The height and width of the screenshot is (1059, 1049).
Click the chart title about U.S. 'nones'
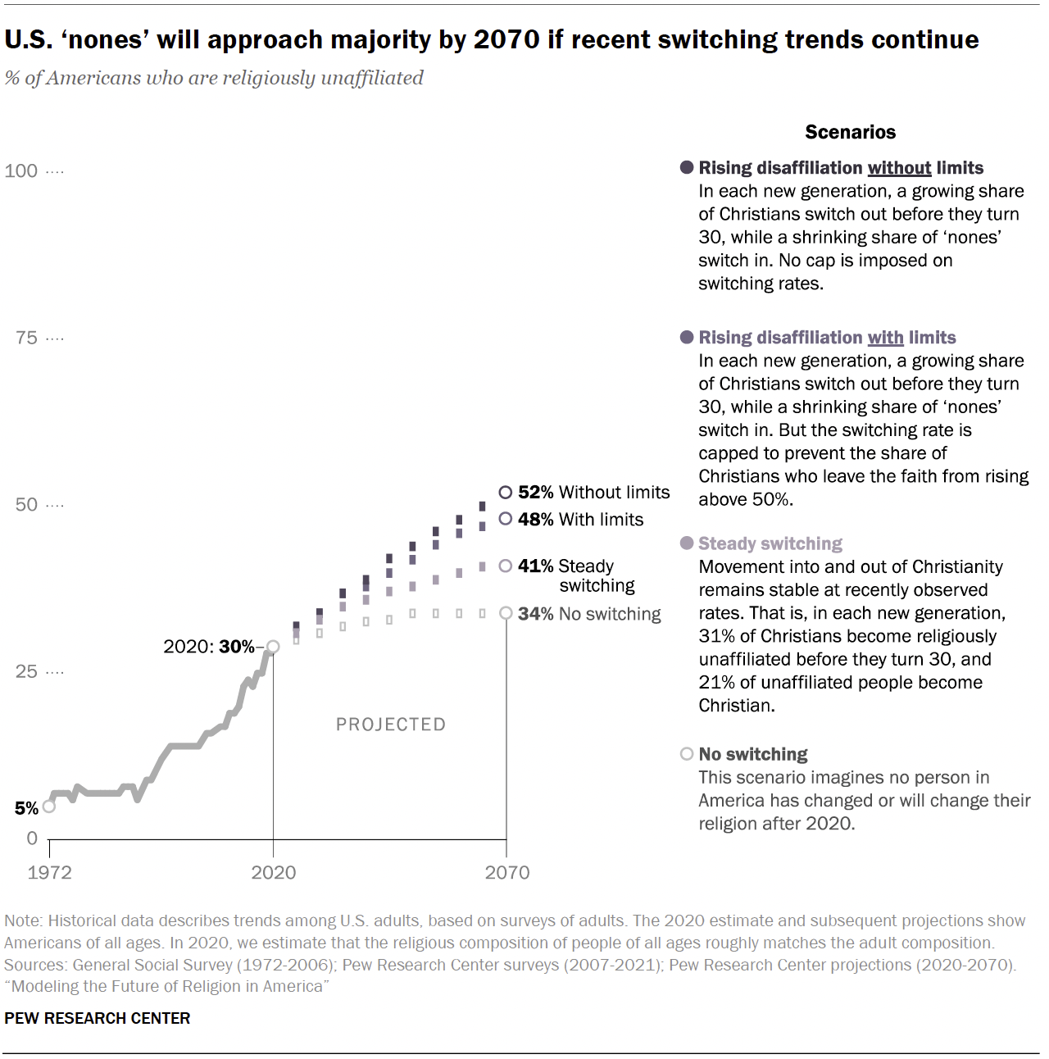[491, 39]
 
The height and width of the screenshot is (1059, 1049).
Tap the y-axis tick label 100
[21, 170]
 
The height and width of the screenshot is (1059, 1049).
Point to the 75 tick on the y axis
[26, 338]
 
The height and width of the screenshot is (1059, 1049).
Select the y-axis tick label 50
[26, 504]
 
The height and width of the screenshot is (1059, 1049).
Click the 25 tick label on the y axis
[26, 671]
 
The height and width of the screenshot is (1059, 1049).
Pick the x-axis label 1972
[49, 872]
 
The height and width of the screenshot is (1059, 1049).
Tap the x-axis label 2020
[273, 872]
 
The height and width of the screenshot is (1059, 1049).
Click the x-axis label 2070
[506, 872]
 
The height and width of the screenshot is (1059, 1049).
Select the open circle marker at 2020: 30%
[273, 647]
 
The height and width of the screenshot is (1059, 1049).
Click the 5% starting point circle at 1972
[49, 807]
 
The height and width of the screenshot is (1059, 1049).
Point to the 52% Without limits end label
[593, 492]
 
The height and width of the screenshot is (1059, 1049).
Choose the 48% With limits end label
[579, 519]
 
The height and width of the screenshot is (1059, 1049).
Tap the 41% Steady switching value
[535, 566]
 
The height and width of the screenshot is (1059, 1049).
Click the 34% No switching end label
[588, 614]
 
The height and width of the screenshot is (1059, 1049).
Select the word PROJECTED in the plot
[391, 725]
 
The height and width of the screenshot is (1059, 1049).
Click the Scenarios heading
[850, 132]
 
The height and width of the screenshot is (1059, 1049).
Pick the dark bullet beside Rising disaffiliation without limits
[687, 167]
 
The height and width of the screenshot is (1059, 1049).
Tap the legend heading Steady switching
[770, 543]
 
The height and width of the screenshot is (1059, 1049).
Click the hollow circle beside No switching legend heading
[687, 754]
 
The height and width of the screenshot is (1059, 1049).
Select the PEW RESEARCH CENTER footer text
[98, 1018]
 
